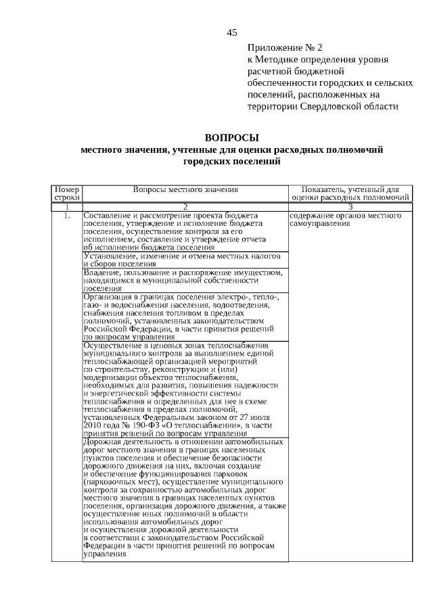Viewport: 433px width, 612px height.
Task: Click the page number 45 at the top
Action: (232, 32)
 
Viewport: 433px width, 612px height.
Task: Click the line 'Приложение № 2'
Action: (285, 48)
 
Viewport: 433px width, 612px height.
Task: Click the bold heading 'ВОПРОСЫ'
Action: (231, 138)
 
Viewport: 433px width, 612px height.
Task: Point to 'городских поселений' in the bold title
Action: (231, 162)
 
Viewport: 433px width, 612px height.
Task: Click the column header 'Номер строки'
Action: (67, 194)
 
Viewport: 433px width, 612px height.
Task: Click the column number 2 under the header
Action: (185, 206)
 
